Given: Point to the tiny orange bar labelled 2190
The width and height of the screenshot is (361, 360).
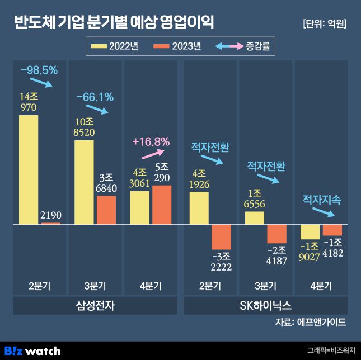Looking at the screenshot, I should coord(51,224).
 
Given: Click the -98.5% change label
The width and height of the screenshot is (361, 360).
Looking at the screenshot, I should coord(39,71).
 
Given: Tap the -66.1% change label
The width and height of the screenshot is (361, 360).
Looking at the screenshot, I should coord(95,97).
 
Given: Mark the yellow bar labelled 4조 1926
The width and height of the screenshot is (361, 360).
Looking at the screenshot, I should coord(199,208).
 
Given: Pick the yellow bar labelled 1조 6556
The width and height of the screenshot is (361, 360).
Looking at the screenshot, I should coord(255,218).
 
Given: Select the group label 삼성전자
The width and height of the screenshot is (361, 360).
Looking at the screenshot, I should coord(95,306).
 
